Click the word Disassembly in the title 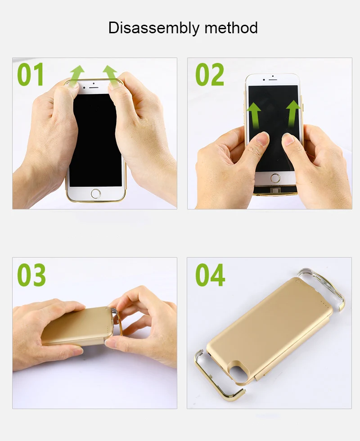153,28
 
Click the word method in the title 231,27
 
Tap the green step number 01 31,74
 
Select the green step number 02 210,75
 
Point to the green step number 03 31,275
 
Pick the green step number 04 210,275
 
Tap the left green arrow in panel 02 254,116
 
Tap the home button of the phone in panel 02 275,178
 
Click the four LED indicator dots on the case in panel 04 324,306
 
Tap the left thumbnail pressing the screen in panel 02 263,138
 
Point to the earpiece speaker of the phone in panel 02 272,80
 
